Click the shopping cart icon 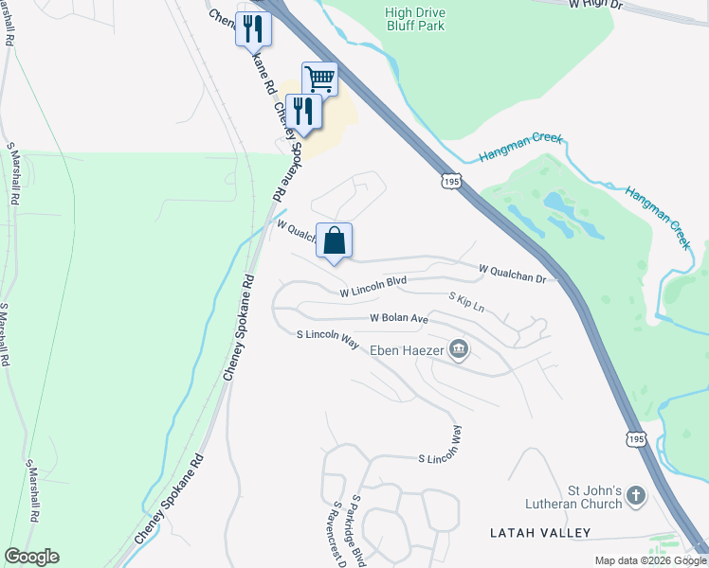click(320, 79)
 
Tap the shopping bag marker click(335, 240)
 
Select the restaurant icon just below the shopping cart click(303, 112)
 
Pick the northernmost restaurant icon click(253, 28)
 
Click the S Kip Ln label click(466, 303)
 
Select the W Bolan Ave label click(399, 318)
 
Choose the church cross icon click(636, 495)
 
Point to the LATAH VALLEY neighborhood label click(532, 534)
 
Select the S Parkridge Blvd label click(358, 530)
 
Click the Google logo click(31, 557)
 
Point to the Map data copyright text click(649, 560)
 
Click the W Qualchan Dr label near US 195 click(513, 274)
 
